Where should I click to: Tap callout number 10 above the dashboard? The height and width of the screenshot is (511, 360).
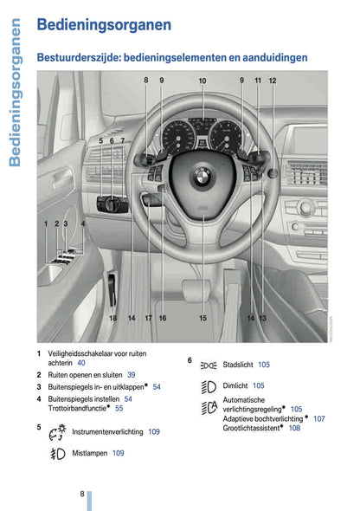[x=202, y=81]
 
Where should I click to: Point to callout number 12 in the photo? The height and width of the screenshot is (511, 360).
[x=272, y=81]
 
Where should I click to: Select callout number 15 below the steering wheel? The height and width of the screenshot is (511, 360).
[x=203, y=318]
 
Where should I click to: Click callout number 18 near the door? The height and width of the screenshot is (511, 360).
[x=112, y=318]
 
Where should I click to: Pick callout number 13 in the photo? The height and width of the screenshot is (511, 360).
[x=262, y=318]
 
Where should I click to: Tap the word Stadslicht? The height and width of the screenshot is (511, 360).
[x=238, y=365]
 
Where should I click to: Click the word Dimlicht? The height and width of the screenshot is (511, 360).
[x=235, y=385]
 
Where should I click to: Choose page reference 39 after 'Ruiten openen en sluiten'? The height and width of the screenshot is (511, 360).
[x=132, y=375]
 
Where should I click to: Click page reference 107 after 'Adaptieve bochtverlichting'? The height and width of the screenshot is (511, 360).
[x=319, y=418]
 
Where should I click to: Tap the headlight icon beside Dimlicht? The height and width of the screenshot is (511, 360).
[x=207, y=385]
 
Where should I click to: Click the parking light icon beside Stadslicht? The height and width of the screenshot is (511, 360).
[x=208, y=365]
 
